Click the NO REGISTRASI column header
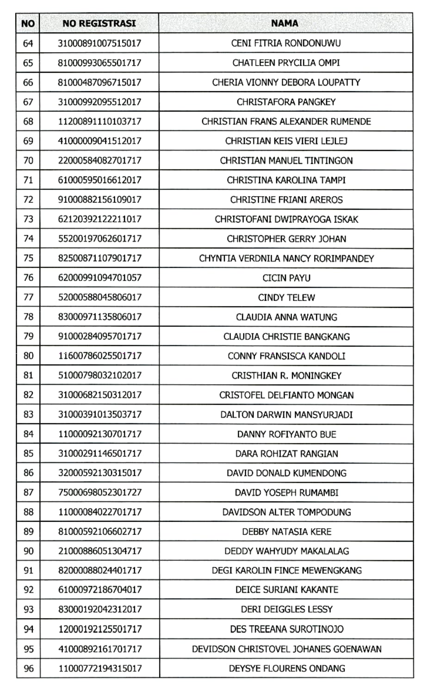(x=99, y=23)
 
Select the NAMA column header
(x=285, y=23)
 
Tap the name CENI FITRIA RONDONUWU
(x=286, y=43)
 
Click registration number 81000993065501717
(x=99, y=63)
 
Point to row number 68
(x=28, y=121)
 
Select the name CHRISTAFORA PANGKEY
(x=286, y=102)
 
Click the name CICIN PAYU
(x=286, y=278)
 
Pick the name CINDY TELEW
(x=286, y=297)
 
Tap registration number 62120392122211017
(x=99, y=219)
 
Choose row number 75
(x=28, y=258)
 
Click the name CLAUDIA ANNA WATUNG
(x=286, y=317)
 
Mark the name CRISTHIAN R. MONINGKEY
(x=286, y=375)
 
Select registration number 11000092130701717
(x=99, y=434)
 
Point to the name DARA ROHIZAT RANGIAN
(x=286, y=454)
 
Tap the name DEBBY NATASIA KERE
(x=286, y=531)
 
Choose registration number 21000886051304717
(x=99, y=551)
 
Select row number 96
(x=28, y=668)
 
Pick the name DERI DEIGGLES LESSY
(x=286, y=609)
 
